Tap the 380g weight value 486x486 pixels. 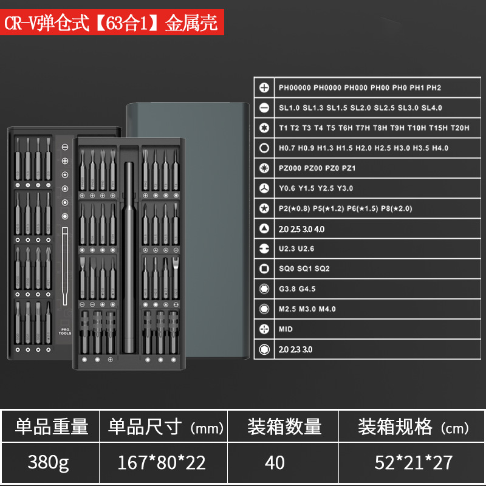coord(48,463)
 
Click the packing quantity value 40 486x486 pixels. coord(275,463)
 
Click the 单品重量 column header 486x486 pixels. coord(52,426)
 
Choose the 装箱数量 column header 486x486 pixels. coord(284,426)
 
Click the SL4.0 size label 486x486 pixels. coord(432,108)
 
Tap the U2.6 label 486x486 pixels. coord(306,248)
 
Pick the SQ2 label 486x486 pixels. coord(321,269)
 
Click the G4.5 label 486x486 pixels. coord(306,289)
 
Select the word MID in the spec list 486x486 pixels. coord(286,329)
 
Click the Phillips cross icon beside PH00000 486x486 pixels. coord(264,87)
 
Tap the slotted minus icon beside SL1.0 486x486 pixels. coord(264,108)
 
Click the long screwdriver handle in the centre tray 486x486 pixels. coord(129,255)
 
